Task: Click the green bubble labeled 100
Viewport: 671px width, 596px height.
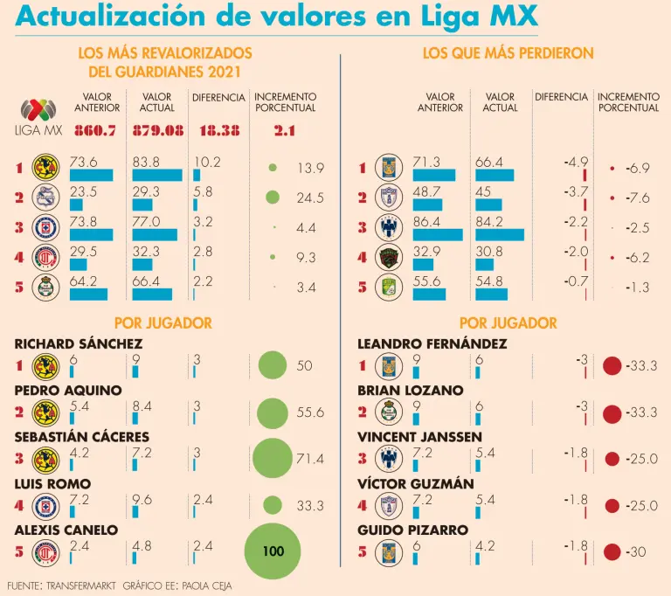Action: tap(273, 551)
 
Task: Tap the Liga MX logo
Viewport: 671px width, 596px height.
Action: tap(36, 117)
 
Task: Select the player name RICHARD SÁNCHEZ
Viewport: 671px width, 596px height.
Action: tap(79, 343)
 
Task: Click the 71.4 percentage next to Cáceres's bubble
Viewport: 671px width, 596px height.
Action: tap(310, 459)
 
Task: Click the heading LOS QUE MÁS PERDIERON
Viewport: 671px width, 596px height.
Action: tap(508, 53)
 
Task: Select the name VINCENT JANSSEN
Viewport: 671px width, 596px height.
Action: tap(418, 437)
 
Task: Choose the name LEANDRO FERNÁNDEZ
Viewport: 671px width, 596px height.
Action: tap(432, 343)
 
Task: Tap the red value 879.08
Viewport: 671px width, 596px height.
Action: tap(157, 131)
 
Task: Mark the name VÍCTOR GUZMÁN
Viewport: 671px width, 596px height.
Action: tap(416, 483)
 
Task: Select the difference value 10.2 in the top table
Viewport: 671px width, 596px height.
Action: tap(207, 162)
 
